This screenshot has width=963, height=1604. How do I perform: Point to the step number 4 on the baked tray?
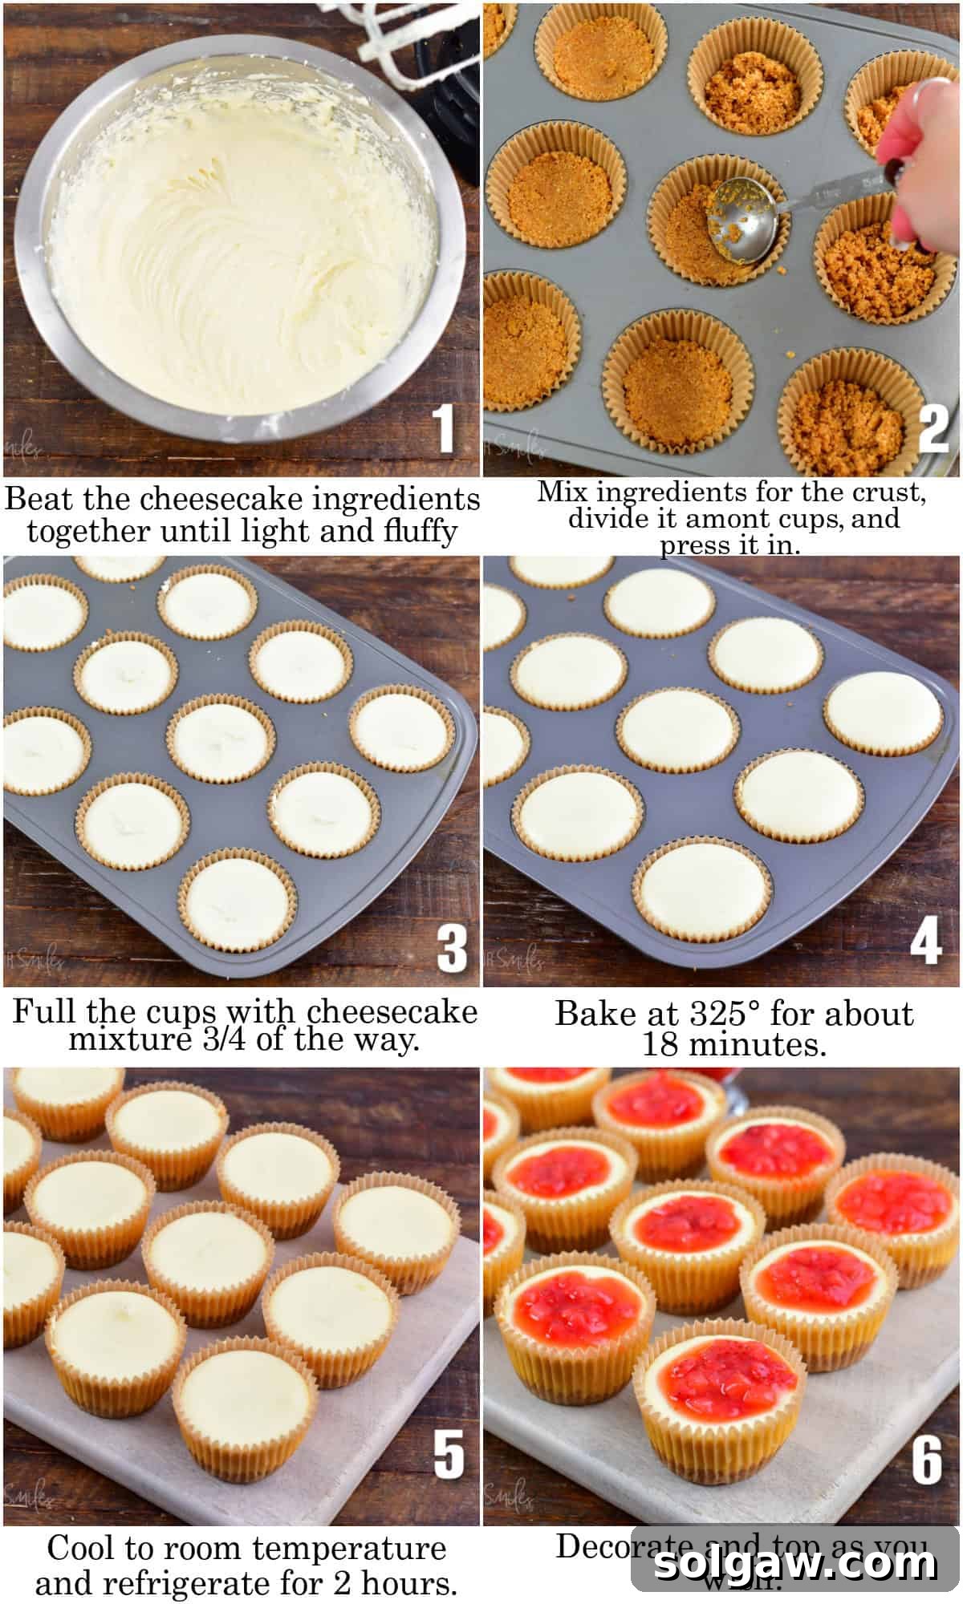tap(925, 941)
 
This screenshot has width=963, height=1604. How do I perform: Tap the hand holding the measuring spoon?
tap(923, 136)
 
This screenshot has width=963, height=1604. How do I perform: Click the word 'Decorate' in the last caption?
tap(623, 1546)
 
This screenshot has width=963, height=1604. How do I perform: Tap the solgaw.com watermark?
tap(794, 1564)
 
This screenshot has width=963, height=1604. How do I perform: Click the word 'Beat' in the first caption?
tap(39, 499)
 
